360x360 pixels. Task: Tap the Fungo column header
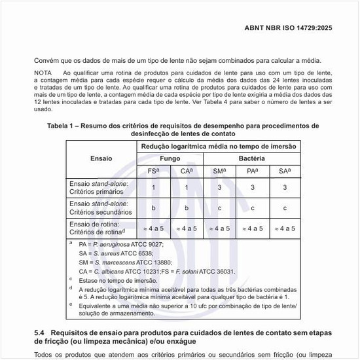[170, 158]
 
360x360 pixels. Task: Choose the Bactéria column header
[251, 158]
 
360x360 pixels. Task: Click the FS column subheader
[154, 171]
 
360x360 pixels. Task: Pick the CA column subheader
[187, 171]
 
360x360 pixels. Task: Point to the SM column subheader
[219, 171]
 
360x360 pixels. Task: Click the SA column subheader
[284, 171]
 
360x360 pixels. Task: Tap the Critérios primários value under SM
[219, 188]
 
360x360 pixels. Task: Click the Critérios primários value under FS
[153, 188]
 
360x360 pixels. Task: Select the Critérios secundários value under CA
[187, 208]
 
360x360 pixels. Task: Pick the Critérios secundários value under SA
[284, 208]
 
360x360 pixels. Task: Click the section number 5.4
[39, 333]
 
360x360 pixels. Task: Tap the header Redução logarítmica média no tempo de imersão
[219, 146]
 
